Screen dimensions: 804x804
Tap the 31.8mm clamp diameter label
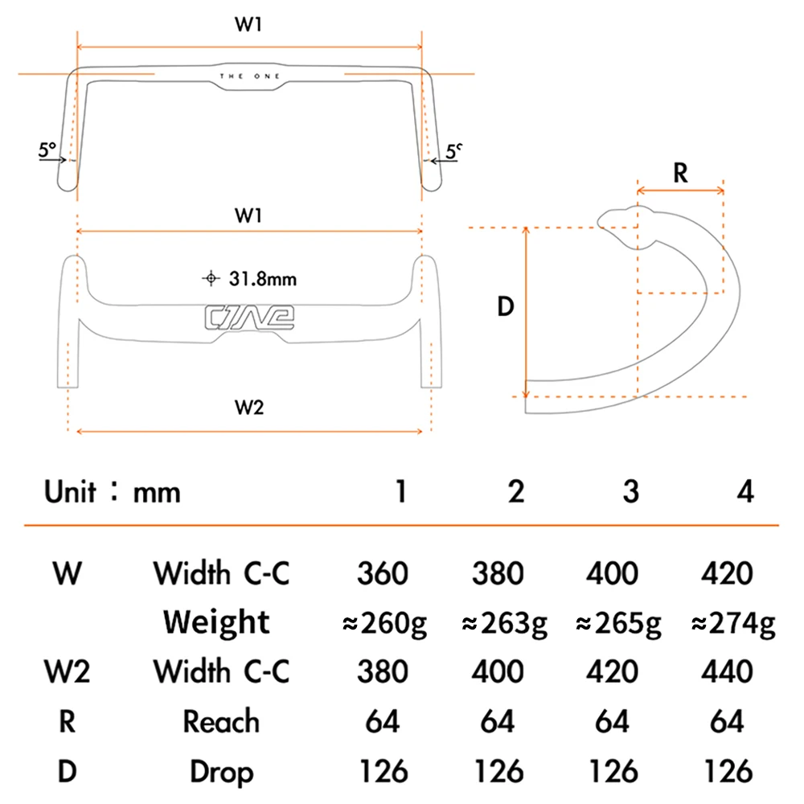(x=263, y=279)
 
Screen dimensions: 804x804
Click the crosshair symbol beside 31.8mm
(x=211, y=278)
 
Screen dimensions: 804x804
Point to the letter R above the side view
(x=680, y=173)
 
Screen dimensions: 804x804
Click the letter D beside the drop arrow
(x=506, y=306)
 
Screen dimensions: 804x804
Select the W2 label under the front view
(x=249, y=407)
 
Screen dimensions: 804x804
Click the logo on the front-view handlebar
(x=249, y=318)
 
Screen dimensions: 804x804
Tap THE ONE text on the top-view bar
(x=250, y=76)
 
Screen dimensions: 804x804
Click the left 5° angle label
(x=47, y=150)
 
